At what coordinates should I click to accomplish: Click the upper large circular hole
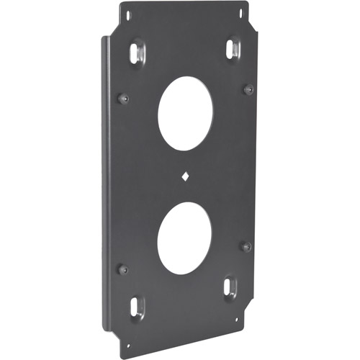coord(185,114)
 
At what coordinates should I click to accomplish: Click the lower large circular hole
coord(184,238)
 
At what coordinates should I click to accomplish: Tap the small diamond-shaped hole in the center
coord(186,176)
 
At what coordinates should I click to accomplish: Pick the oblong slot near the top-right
coord(232,49)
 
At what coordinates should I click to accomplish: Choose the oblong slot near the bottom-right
coord(230,287)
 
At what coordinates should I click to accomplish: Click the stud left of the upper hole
coord(124,98)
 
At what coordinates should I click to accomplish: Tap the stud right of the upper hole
coord(248,89)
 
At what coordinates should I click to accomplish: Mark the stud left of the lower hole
coord(123,269)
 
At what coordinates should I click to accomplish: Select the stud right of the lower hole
coord(246,246)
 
